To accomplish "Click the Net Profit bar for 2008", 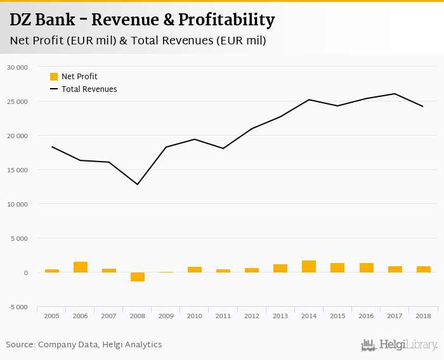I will [x=138, y=277].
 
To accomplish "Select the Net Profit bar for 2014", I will [x=309, y=267].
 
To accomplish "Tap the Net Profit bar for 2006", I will [x=81, y=267].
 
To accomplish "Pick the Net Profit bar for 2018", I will [x=424, y=269].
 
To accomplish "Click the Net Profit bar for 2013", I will [x=280, y=269].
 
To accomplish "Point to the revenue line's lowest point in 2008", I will [x=138, y=184].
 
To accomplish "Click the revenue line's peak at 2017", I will [x=395, y=94].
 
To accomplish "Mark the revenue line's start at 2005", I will [x=52, y=147].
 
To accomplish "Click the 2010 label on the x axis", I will [x=195, y=316].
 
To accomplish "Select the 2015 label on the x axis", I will [x=337, y=316].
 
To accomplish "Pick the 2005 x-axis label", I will [x=51, y=316].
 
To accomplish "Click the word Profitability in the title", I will [x=226, y=20].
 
